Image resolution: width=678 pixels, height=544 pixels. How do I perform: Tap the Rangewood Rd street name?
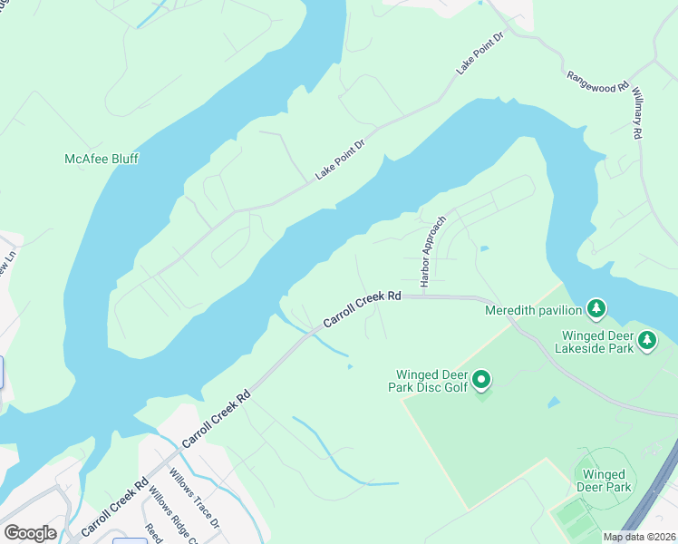point(598,82)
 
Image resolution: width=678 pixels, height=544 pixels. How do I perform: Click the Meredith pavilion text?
point(534,310)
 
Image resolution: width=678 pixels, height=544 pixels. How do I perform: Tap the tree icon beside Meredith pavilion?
point(596,310)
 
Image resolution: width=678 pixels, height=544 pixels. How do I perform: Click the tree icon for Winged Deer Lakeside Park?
point(646,341)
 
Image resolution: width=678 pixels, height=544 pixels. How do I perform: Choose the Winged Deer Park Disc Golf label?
point(431,382)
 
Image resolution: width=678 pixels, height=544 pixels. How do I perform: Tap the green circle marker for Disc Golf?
point(482,380)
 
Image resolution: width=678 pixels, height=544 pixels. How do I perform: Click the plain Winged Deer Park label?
point(604,481)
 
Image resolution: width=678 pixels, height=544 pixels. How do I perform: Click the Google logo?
point(29,533)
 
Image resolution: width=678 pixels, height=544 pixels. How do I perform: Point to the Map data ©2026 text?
point(639,537)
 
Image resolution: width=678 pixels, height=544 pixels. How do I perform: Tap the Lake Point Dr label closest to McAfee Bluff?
point(339,160)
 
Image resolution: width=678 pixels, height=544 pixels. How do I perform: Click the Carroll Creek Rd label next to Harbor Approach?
point(362,309)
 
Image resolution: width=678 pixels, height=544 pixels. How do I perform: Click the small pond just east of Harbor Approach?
point(484,248)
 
